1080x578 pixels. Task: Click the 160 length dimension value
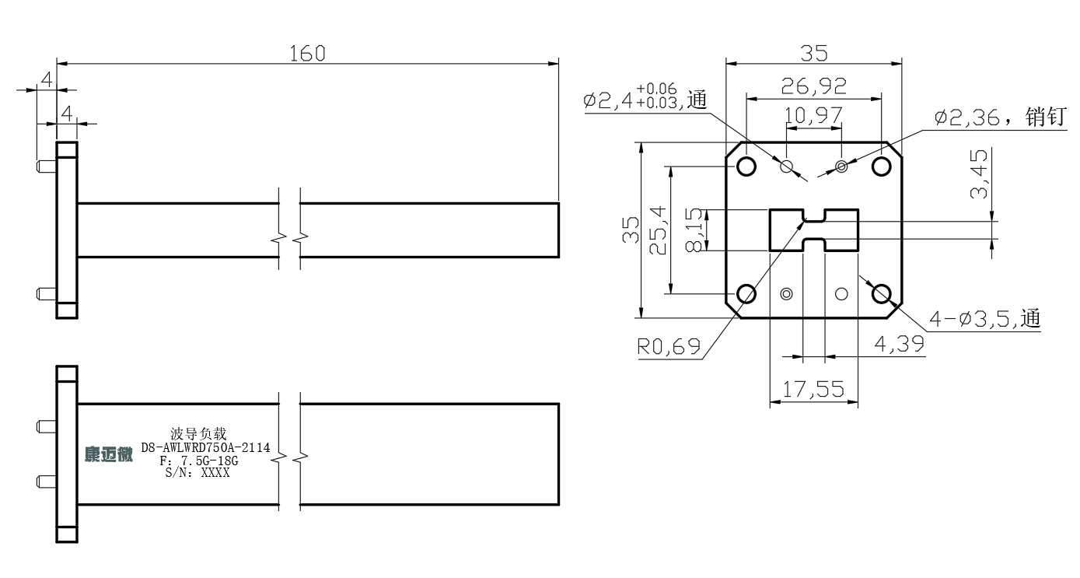308,53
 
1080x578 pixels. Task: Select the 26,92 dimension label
813,85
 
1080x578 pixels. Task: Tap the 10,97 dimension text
813,116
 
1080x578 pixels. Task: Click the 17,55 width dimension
813,390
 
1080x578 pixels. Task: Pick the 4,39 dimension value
899,343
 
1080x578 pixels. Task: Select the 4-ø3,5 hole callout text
984,318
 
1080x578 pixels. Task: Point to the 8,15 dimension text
694,229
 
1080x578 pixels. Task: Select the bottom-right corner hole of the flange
882,294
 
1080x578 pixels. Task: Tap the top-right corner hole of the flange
882,166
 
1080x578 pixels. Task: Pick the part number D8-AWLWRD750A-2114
205,448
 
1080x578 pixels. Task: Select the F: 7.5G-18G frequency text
199,461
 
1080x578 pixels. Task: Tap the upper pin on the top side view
46,166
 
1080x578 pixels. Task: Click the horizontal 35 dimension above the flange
813,53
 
